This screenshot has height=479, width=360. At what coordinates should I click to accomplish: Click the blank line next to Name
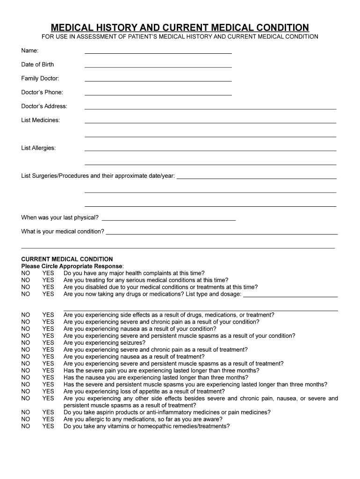pos(158,52)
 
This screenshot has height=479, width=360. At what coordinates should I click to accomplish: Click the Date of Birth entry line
pos(158,66)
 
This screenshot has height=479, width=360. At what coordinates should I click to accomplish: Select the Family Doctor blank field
pos(158,80)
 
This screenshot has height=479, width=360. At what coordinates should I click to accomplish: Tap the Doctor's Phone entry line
pos(158,94)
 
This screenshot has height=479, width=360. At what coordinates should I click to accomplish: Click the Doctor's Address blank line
pos(210,108)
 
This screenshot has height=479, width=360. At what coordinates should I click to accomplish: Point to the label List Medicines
pos(41,120)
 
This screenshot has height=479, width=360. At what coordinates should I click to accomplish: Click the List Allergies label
pos(38,148)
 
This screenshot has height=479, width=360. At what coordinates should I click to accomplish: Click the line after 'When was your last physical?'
pos(168,219)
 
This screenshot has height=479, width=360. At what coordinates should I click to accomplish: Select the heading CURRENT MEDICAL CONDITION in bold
pos(67,259)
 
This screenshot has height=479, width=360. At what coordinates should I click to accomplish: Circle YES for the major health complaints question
pos(48,274)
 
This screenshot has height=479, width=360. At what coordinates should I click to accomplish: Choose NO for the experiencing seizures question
pos(26,343)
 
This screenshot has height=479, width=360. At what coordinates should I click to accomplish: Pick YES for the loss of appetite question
pos(48,392)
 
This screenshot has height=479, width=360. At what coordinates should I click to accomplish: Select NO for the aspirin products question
pos(26,413)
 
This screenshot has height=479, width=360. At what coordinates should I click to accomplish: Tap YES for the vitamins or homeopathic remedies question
pos(48,427)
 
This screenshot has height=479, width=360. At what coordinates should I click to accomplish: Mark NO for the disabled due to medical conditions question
pos(26,287)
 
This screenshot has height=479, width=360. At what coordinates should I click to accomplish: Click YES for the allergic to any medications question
pos(48,420)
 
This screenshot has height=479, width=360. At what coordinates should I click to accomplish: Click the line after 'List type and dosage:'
pos(290,296)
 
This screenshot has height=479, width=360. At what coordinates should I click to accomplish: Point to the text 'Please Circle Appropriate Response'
pos(72,266)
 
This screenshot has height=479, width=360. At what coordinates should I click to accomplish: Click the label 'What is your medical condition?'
pos(63,232)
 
